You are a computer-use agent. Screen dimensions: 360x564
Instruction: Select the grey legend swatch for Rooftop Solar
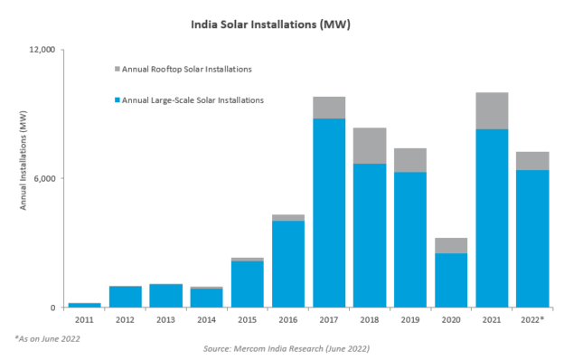[x=117, y=70]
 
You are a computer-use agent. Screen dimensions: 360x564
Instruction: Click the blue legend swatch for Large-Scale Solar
[x=117, y=100]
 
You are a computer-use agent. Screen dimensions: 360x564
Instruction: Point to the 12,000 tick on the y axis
[x=42, y=50]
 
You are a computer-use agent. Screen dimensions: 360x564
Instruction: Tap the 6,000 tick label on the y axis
[x=44, y=178]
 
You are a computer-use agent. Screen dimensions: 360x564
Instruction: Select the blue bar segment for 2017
[x=329, y=213]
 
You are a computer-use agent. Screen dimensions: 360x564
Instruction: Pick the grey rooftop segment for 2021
[x=492, y=110]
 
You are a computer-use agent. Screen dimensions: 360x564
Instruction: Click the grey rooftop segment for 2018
[x=370, y=146]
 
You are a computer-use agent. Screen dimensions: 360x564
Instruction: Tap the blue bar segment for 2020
[x=451, y=279]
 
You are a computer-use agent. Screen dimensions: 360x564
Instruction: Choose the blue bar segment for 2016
[x=288, y=263]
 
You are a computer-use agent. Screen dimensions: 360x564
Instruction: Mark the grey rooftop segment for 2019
[x=410, y=160]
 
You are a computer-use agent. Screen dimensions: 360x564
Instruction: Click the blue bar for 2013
[x=165, y=296]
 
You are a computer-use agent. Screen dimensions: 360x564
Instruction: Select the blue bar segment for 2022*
[x=532, y=238]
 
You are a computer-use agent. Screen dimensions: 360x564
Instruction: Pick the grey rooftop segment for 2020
[x=451, y=245]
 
